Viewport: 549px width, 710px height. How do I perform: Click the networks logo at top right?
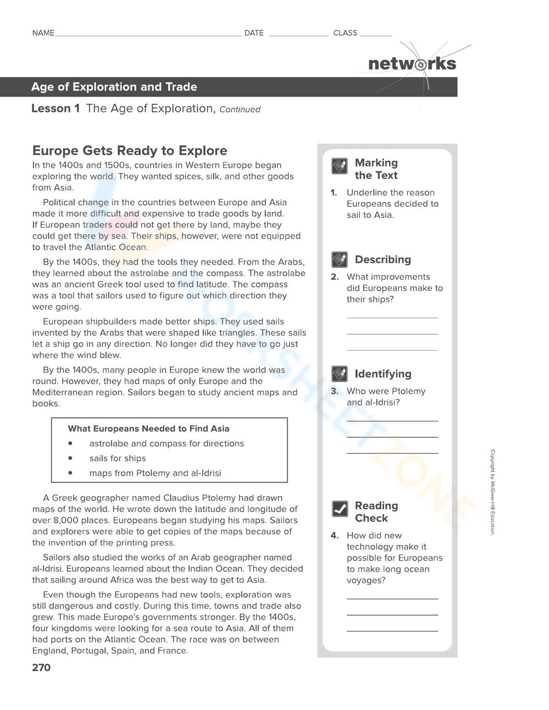(x=412, y=64)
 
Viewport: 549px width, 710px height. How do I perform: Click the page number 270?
(x=41, y=667)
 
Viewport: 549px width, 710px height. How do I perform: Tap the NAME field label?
(x=43, y=33)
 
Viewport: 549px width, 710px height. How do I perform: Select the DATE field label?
(x=254, y=33)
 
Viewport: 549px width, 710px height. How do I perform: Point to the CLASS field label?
(x=345, y=33)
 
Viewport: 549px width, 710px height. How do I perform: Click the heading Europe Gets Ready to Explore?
(x=130, y=151)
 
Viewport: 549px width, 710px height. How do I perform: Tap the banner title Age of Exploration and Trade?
(x=114, y=87)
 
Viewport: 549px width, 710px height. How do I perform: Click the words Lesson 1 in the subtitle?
(x=55, y=109)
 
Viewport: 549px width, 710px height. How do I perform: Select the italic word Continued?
(x=239, y=109)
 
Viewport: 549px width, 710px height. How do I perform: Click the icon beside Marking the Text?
(x=339, y=166)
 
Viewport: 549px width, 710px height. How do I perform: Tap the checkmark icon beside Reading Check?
(x=340, y=509)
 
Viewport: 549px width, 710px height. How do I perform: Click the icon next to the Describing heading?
(x=339, y=259)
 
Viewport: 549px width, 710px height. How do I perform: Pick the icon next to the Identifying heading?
(x=339, y=374)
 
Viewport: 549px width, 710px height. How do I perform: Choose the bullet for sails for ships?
(x=70, y=458)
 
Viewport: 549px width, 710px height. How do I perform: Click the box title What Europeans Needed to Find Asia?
(x=148, y=429)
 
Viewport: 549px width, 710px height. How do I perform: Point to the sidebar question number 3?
(x=334, y=391)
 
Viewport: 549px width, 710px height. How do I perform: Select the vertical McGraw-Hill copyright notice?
(x=492, y=492)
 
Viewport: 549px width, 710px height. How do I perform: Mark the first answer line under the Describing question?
(x=392, y=317)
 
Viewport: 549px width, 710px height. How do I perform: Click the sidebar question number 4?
(x=334, y=536)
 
